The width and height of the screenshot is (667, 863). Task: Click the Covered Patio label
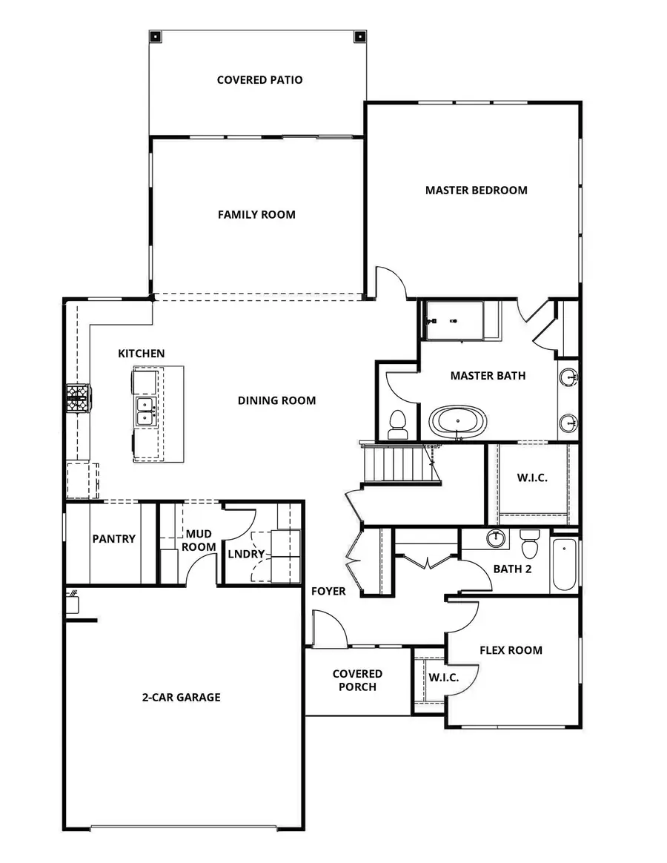(x=259, y=79)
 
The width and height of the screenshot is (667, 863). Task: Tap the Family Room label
(x=256, y=214)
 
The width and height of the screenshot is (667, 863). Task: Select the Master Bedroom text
(x=476, y=190)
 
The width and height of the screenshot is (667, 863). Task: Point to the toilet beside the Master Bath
(x=398, y=424)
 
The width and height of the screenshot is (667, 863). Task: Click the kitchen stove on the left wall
(x=79, y=397)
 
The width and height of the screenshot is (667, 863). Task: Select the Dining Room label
(x=276, y=400)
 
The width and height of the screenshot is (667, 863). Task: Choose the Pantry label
(x=113, y=538)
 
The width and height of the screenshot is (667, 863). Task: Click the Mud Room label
(x=199, y=540)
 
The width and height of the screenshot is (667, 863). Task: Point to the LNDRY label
(x=245, y=554)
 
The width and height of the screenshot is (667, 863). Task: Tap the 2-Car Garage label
(x=181, y=697)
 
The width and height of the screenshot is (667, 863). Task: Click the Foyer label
(x=328, y=591)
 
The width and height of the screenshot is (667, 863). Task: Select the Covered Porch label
(x=357, y=680)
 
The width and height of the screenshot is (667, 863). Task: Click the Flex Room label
(x=511, y=650)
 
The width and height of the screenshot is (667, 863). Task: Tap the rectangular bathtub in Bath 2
(x=564, y=565)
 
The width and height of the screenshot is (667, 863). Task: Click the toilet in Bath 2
(x=530, y=544)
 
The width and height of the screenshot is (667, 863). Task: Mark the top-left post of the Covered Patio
(x=155, y=36)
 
